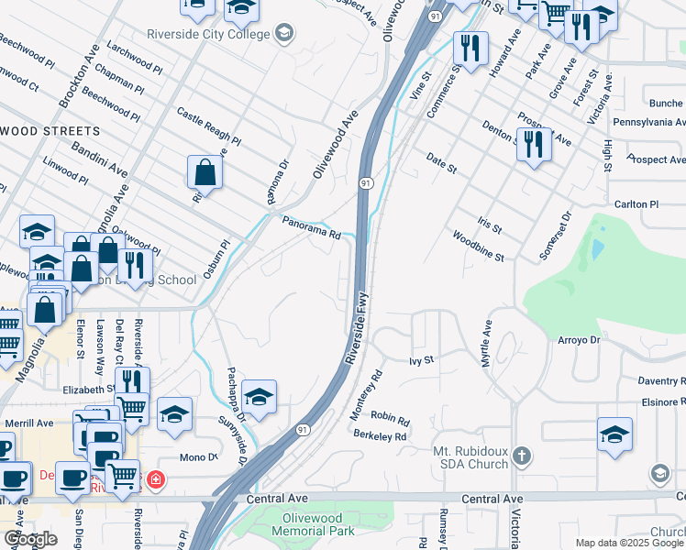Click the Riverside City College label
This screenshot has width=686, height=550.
(x=209, y=34)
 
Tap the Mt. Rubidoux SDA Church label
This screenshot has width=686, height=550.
(x=470, y=457)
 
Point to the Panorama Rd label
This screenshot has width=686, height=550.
(x=311, y=227)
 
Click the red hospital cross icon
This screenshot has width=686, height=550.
(x=156, y=479)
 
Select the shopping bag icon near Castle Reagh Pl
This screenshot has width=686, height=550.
(x=205, y=172)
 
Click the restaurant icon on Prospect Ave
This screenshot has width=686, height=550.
(x=533, y=144)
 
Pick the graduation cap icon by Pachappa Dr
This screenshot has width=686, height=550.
(x=260, y=397)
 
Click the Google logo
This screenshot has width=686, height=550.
(x=30, y=539)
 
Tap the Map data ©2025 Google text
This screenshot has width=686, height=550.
(x=629, y=543)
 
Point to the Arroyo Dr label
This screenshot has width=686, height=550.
(x=578, y=340)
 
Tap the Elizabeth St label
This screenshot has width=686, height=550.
(x=88, y=389)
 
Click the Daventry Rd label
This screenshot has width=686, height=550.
(x=650, y=380)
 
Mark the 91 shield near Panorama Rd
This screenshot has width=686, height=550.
(x=364, y=183)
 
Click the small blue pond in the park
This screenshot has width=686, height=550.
(x=598, y=248)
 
